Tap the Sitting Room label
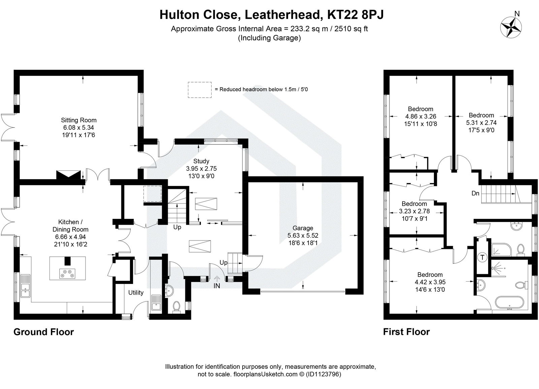[x=78, y=120]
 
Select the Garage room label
[x=303, y=228]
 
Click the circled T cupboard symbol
[x=482, y=258]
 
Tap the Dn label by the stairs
[x=475, y=193]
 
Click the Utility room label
[x=136, y=293]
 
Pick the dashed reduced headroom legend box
[x=199, y=90]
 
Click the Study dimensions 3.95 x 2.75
[x=201, y=168]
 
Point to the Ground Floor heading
[x=43, y=332]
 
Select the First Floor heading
[x=406, y=332]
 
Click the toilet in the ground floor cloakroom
[x=176, y=306]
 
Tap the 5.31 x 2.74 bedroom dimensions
[x=481, y=123]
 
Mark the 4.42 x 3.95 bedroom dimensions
[x=430, y=282]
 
